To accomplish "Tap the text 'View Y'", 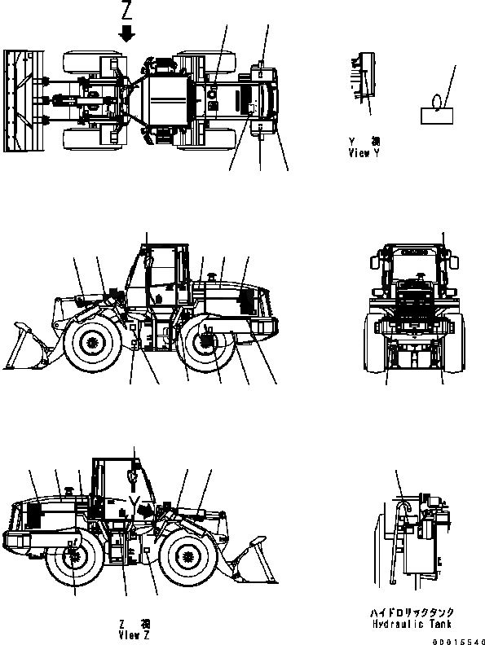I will point(364,152).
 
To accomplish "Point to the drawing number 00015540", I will point(461,640).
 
